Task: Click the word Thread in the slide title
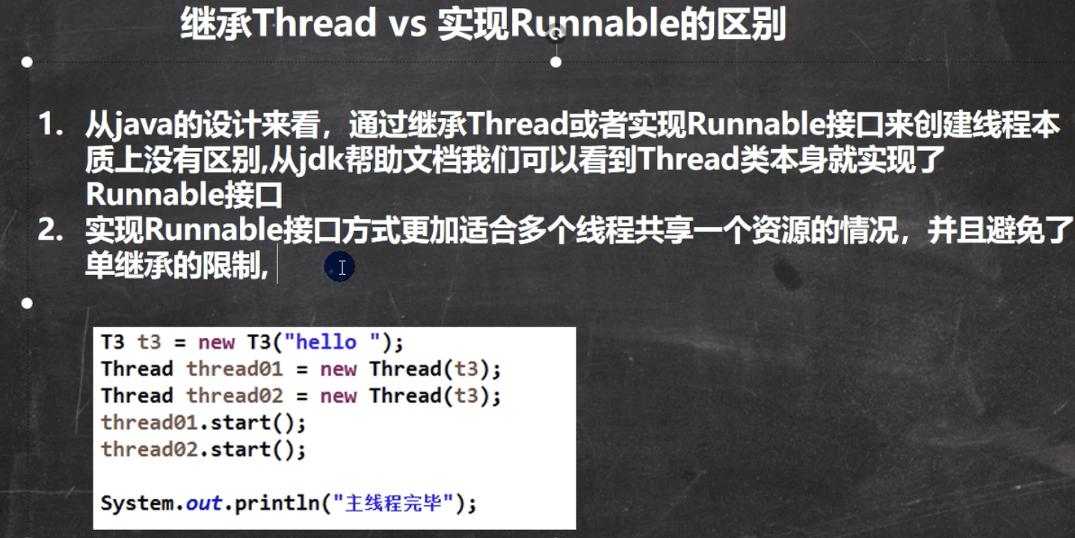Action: click(315, 22)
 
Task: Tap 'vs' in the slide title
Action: click(407, 25)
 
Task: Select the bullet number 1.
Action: click(51, 124)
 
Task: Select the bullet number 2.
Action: click(51, 231)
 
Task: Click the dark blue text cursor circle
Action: click(339, 267)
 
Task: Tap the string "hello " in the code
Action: click(332, 342)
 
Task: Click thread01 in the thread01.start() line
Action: click(150, 423)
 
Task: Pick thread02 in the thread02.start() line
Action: click(150, 450)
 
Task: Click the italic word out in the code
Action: click(204, 504)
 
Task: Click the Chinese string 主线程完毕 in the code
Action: click(393, 504)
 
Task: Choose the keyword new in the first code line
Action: click(217, 343)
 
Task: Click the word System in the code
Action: click(137, 504)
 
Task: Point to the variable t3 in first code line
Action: click(150, 342)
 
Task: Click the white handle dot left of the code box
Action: click(28, 303)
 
